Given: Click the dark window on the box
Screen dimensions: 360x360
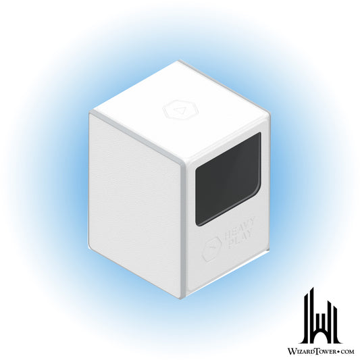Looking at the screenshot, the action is tap(228, 179).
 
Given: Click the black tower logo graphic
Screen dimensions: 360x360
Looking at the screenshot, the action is tap(321, 319).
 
